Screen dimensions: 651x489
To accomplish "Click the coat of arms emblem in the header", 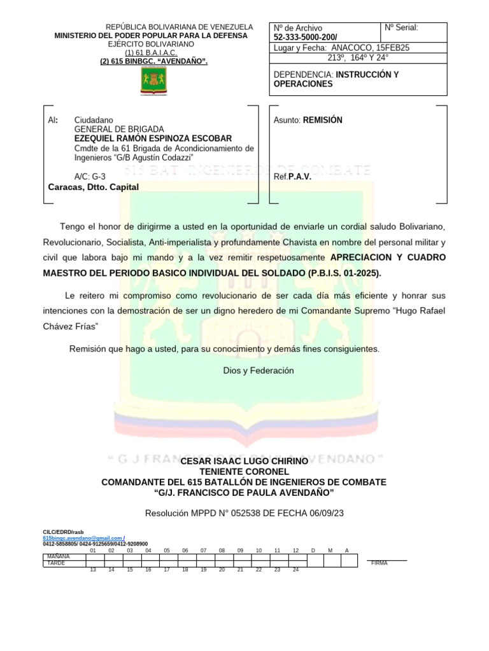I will click(153, 83).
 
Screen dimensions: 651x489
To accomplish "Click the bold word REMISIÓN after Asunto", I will click(323, 120).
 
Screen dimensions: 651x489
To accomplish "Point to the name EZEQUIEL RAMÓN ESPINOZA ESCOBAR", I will click(153, 139).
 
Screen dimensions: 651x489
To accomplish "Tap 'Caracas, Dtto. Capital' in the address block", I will click(93, 187).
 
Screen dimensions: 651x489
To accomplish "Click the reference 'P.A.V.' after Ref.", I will click(300, 177).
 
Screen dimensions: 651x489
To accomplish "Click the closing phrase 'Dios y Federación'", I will click(259, 371).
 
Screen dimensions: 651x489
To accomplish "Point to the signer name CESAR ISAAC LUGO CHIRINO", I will click(244, 460).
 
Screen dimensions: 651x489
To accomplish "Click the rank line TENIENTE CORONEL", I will click(244, 471).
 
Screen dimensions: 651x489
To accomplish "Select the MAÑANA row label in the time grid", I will click(59, 556).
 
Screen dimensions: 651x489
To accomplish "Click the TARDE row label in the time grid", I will click(57, 563).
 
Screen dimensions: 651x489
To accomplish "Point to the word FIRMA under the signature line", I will click(379, 563).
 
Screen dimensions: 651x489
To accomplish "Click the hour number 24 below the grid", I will click(295, 570).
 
